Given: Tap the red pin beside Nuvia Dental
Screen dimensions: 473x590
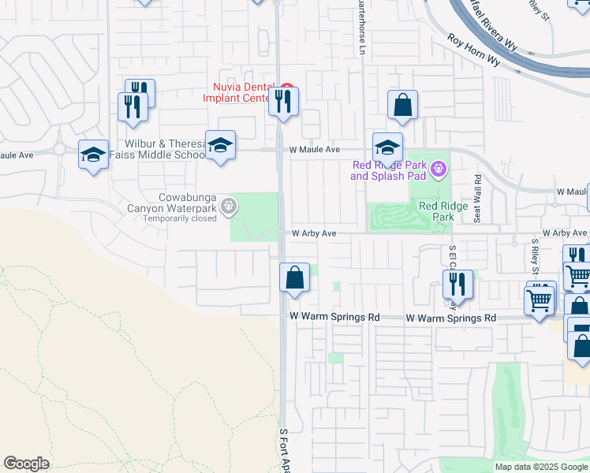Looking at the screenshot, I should [x=287, y=88].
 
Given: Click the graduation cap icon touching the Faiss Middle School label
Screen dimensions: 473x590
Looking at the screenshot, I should [x=221, y=146].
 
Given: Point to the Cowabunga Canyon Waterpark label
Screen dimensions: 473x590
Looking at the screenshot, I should [x=172, y=203].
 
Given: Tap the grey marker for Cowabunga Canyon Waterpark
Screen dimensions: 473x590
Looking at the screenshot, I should [x=229, y=206].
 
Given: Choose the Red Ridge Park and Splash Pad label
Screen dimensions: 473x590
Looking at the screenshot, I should [x=390, y=170].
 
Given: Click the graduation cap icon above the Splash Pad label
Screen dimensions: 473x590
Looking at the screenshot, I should [x=387, y=147].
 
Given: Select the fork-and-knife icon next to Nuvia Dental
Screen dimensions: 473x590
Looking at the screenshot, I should [x=283, y=101].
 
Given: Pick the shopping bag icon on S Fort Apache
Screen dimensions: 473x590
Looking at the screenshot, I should [x=294, y=277].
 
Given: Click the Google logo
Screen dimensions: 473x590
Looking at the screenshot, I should [x=26, y=464].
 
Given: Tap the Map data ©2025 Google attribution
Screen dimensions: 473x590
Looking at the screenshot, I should [x=541, y=467].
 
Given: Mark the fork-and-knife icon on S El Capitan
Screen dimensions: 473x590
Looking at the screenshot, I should [x=457, y=284].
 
